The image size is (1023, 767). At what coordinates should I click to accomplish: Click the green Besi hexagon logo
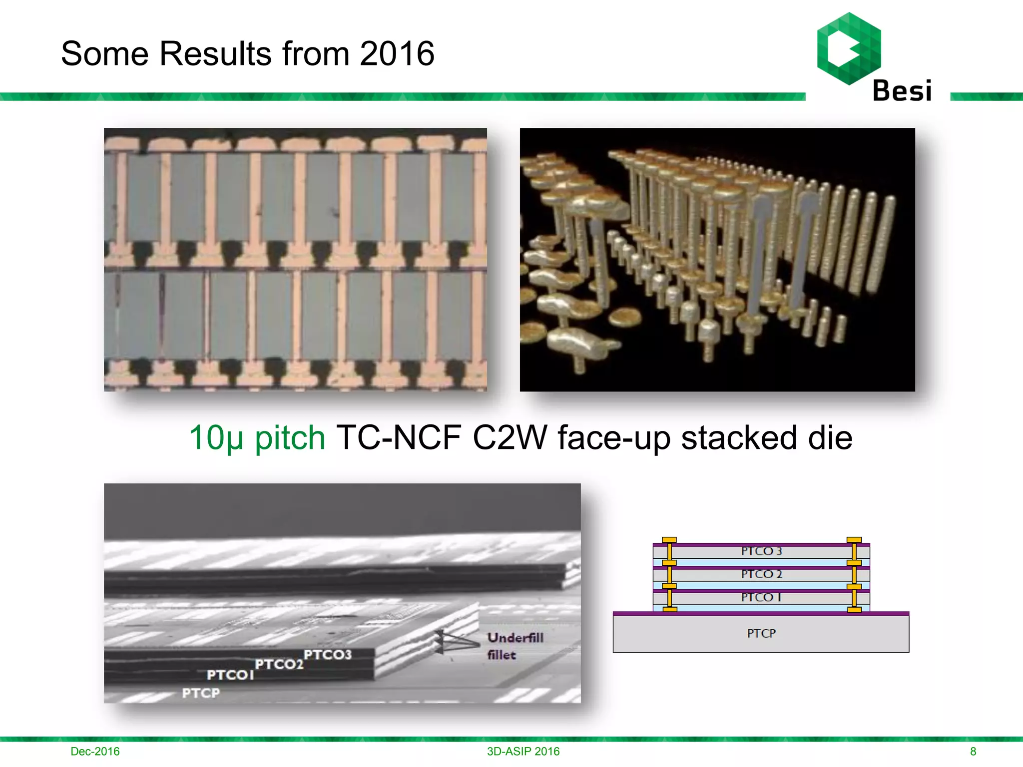849,48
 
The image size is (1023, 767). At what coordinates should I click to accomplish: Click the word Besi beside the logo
902,91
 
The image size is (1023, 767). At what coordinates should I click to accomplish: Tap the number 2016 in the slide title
397,53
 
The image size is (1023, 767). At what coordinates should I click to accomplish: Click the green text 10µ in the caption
216,438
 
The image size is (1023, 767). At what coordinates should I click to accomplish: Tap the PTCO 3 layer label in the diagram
761,551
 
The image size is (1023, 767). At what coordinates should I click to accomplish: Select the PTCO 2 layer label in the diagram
761,574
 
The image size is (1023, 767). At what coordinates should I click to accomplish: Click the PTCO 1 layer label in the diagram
761,597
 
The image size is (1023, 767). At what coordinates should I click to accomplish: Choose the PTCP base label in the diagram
761,633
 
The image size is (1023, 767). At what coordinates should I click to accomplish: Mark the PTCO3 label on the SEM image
328,654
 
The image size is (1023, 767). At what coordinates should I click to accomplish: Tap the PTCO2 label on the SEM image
279,664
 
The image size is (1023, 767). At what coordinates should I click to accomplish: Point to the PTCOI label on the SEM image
230,675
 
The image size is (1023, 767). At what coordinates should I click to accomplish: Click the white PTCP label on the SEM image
201,693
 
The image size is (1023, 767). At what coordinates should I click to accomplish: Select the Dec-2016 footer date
95,751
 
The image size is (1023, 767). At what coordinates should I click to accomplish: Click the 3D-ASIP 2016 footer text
523,751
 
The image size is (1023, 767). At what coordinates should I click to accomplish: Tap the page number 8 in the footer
973,751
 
